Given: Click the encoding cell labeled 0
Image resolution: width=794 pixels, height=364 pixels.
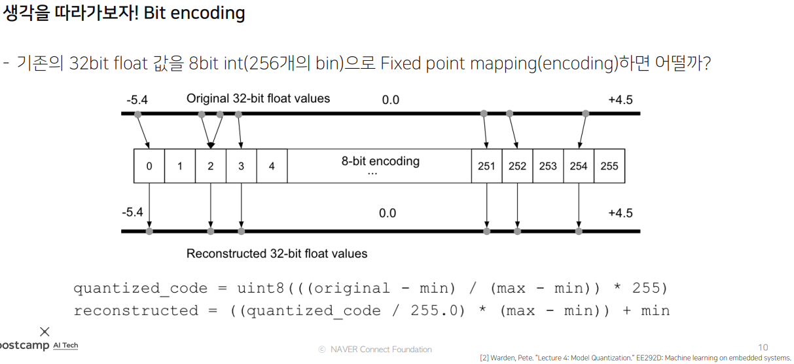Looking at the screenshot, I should pos(149,166).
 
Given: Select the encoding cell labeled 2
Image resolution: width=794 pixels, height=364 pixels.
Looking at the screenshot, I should pos(211,166).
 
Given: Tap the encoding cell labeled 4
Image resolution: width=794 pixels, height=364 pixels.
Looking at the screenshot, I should pos(272,166).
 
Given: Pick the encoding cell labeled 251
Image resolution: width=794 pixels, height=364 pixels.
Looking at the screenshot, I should pos(486,166).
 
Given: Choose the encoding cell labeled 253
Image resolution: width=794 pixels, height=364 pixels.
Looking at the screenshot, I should pos(548,166).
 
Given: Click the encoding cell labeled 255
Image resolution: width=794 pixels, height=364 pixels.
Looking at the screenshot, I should pos(609,166).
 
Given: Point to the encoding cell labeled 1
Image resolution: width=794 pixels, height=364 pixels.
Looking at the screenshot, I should pos(180,166).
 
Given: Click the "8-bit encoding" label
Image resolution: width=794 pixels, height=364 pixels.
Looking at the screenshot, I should pos(380,161).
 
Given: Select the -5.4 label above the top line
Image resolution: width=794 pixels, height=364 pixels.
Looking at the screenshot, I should pos(137,100).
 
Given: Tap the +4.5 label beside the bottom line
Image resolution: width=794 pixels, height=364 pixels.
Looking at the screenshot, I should pos(620,213).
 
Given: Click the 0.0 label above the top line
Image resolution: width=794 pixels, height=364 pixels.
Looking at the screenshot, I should pos(391,100).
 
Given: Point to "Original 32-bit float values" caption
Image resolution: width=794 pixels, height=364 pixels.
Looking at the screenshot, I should pos(258,99).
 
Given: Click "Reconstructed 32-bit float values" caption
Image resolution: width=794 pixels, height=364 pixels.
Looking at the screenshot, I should pos(277,253).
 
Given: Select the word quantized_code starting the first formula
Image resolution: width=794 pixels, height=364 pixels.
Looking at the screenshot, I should pos(140,289).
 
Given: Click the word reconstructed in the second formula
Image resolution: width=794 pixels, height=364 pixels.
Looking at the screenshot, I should pos(135,310).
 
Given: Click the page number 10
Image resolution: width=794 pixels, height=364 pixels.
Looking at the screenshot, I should pos(763,348).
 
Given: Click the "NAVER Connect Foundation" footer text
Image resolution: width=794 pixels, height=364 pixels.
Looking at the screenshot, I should pos(380,350).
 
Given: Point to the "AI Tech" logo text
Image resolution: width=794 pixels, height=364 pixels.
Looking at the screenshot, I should pos(65,345).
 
